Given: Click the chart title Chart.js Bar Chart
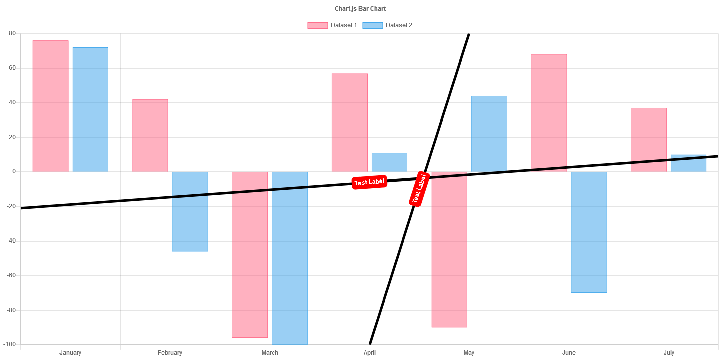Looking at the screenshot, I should pos(360,9).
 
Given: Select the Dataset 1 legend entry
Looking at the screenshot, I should pos(332,25).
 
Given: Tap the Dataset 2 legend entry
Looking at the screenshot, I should pos(387,25).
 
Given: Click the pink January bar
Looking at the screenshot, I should pos(50,106).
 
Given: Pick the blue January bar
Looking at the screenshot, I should pos(90,109).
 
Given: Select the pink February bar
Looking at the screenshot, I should pos(150,135).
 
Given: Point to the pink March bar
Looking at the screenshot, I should pos(250,262).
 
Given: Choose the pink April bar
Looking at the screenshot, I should pos(349,123).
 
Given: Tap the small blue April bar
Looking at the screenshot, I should pos(389,162).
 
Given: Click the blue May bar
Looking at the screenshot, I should pos(489,134).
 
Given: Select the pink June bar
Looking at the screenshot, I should pos(549,111).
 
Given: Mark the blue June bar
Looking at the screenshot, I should pos(589,232).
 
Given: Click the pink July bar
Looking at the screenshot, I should pos(649,136).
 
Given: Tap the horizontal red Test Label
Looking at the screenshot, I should pos(369,182).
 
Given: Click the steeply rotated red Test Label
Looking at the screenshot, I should pos(419,189).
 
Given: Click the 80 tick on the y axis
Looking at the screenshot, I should pos(12,33).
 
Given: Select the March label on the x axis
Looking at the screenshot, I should pos(270,353).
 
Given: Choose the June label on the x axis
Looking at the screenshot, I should pos(569,353).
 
